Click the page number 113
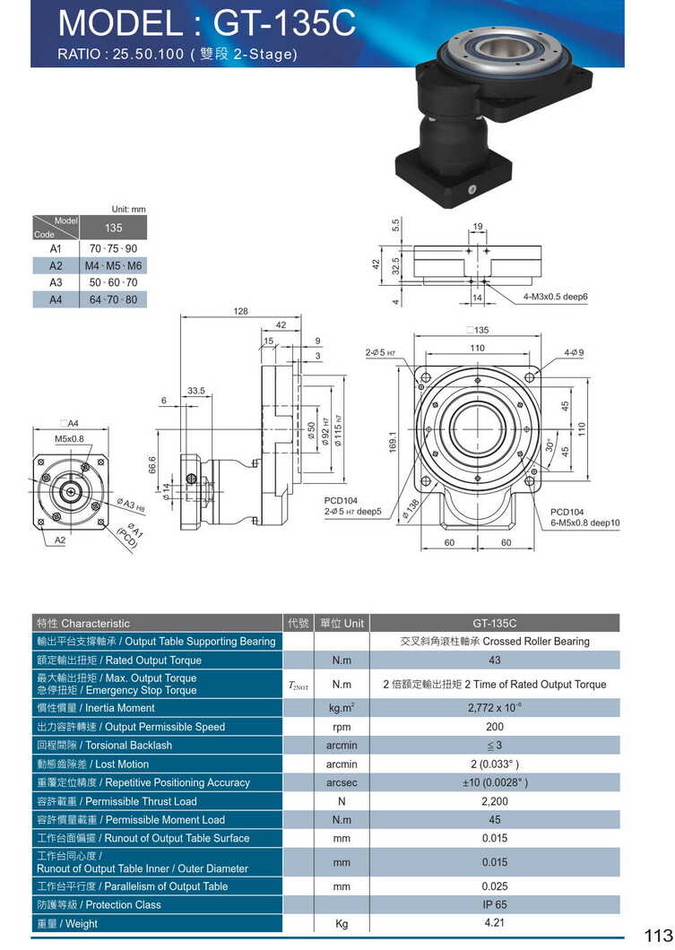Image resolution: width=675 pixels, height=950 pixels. (657, 936)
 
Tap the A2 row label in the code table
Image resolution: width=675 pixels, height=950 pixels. (56, 265)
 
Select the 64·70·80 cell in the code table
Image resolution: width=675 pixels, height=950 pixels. (114, 299)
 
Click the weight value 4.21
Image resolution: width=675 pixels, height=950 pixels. (494, 921)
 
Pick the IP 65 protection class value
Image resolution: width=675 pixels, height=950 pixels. (494, 904)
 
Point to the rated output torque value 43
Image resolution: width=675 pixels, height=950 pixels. (494, 660)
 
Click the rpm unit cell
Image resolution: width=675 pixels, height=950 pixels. (341, 727)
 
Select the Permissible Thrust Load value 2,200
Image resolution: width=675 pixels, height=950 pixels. (494, 801)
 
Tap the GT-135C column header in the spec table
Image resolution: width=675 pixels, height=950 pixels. (494, 623)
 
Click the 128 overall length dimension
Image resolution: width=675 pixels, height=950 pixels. (240, 311)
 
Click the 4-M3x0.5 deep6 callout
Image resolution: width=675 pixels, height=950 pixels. (556, 296)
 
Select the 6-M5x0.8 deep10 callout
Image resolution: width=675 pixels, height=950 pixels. (584, 522)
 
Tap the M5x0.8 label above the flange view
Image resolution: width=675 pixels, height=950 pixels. (69, 439)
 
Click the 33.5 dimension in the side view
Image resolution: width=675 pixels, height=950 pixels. (197, 391)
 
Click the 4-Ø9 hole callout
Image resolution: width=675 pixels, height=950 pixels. (574, 352)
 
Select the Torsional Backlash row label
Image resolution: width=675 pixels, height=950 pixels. (105, 745)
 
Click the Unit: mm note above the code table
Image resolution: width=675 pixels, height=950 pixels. (128, 209)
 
